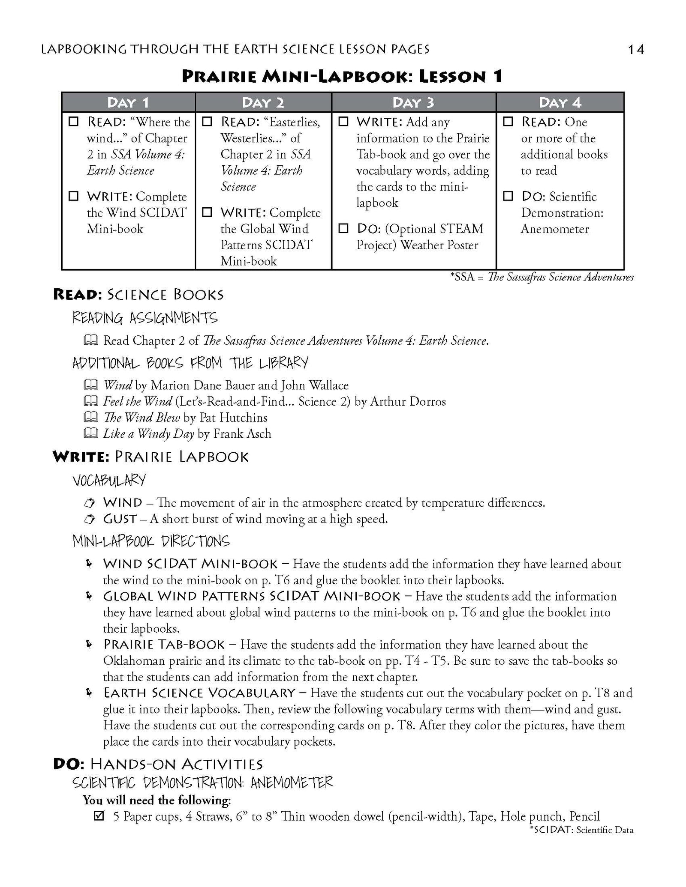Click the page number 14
coord(635,50)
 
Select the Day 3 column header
coord(413,103)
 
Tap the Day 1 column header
coord(128,103)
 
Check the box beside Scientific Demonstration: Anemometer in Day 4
coord(508,196)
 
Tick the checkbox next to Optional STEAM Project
coord(343,228)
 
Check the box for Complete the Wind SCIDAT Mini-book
coord(74,196)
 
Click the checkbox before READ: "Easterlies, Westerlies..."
coord(207,122)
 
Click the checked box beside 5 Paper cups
coord(99,816)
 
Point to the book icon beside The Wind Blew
coord(90,417)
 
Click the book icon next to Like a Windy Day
coord(90,433)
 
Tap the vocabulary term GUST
coord(120,519)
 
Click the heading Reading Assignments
coord(144,318)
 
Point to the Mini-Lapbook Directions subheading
coord(151,541)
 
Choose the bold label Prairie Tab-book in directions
coord(164,645)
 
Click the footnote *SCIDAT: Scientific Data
coord(581,830)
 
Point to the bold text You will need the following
coord(156,800)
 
